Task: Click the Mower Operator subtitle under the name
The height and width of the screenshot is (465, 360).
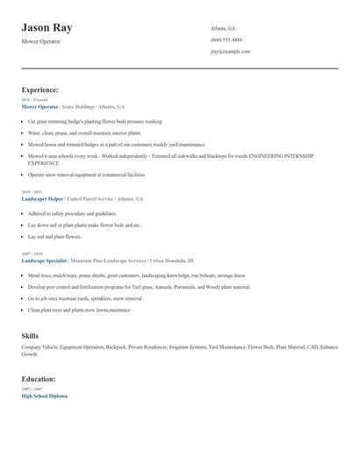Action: [x=41, y=41]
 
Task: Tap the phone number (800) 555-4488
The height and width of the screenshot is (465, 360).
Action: [x=226, y=39]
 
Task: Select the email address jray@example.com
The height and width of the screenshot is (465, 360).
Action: [x=230, y=51]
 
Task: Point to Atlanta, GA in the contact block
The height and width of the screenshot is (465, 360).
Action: [x=223, y=28]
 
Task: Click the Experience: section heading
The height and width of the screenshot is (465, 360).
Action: [x=40, y=89]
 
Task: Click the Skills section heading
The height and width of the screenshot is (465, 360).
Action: [x=30, y=336]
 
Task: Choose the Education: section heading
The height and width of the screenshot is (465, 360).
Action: [x=39, y=379]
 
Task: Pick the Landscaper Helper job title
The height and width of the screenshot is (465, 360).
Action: [x=43, y=199]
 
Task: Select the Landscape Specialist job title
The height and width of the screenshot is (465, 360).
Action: [x=45, y=261]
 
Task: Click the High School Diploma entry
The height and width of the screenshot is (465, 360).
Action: [x=44, y=396]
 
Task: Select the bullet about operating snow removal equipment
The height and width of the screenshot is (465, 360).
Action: [x=86, y=175]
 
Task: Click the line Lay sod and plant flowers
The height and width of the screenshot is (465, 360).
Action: [x=54, y=236]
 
